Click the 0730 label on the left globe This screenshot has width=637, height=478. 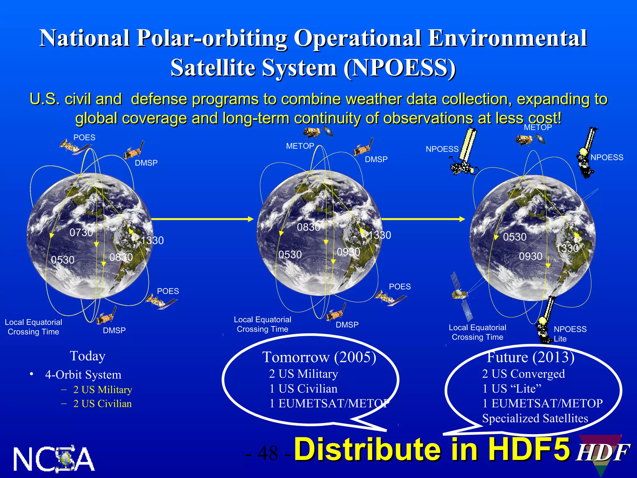81,232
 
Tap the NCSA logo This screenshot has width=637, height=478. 54,459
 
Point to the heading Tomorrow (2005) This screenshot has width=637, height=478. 319,357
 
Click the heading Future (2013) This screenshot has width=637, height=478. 531,357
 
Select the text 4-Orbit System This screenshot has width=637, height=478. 83,375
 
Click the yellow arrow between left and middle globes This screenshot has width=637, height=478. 202,219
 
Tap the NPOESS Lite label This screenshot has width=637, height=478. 570,334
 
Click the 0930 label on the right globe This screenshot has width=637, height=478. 531,256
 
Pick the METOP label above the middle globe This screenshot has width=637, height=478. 300,146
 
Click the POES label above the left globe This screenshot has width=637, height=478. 84,138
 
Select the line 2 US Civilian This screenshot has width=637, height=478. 102,404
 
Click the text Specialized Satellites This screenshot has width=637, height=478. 535,418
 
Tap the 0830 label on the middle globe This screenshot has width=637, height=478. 308,227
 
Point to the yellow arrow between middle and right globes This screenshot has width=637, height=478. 423,219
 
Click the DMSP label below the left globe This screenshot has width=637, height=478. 114,330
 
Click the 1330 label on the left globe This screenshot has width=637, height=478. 152,241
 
